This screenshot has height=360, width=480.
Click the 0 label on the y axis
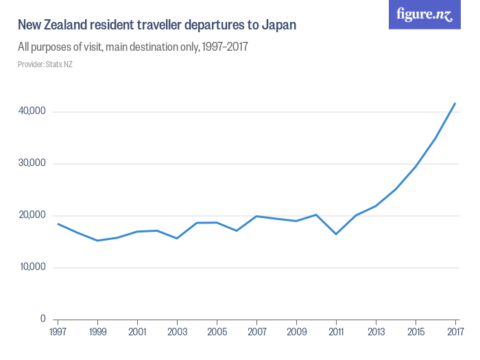[43, 319]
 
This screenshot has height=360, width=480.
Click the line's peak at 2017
[455, 103]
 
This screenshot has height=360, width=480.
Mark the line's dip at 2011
[336, 234]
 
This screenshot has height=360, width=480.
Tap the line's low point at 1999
[98, 241]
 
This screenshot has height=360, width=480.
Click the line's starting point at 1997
[58, 224]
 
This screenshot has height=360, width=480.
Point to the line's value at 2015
[416, 167]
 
